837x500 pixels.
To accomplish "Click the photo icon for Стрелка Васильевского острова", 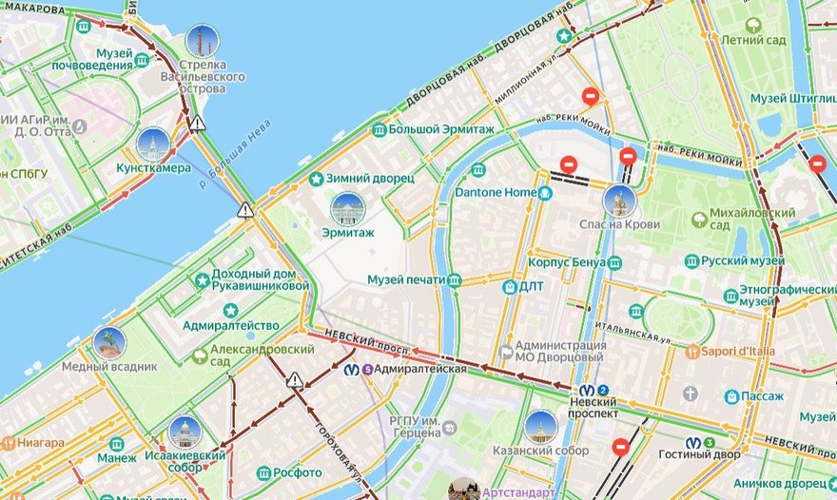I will point(202,41).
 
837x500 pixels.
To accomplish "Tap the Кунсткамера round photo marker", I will point(153,144).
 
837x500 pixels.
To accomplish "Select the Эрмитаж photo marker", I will point(346,208).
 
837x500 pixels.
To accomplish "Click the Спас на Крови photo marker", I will point(619,201).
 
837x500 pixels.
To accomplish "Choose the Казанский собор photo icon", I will point(540,427).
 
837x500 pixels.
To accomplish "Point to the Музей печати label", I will point(406,279).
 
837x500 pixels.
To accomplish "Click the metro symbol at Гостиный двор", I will point(708,443).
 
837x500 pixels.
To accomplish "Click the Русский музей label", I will point(743,260).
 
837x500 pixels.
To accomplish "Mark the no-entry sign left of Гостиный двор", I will point(621,445).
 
